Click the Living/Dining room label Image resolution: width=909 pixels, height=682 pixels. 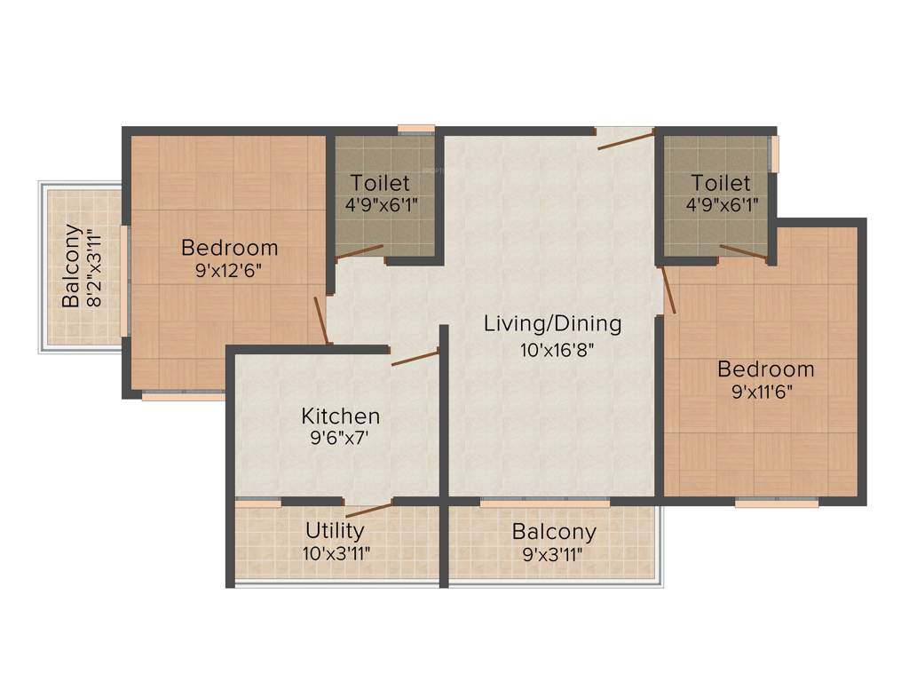click(552, 324)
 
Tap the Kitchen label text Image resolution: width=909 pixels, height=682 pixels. click(340, 416)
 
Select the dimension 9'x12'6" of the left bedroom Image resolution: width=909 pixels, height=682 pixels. click(229, 271)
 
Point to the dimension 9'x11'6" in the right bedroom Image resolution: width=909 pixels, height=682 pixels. click(765, 392)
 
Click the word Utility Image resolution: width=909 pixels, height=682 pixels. click(335, 531)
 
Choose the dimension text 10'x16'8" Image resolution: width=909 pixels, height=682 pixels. click(556, 349)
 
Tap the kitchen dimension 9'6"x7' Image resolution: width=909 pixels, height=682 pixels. click(340, 439)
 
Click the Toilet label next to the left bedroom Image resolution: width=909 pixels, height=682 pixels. click(380, 184)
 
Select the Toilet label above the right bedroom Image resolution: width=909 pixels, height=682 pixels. click(721, 184)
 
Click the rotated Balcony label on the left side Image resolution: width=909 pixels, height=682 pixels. click(72, 266)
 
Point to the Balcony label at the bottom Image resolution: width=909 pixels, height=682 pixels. click(554, 533)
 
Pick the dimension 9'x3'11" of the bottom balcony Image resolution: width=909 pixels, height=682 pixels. click(554, 555)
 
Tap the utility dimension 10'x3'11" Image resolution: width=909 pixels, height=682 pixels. click(336, 553)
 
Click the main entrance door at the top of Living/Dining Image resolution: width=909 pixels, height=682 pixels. click(625, 139)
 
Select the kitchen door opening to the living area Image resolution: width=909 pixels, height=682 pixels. click(415, 357)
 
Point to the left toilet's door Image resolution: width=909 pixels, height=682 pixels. click(360, 252)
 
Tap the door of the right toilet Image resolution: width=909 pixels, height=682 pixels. click(743, 252)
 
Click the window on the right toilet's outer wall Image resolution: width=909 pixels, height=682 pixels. click(774, 153)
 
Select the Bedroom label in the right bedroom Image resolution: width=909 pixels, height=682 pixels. click(765, 369)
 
